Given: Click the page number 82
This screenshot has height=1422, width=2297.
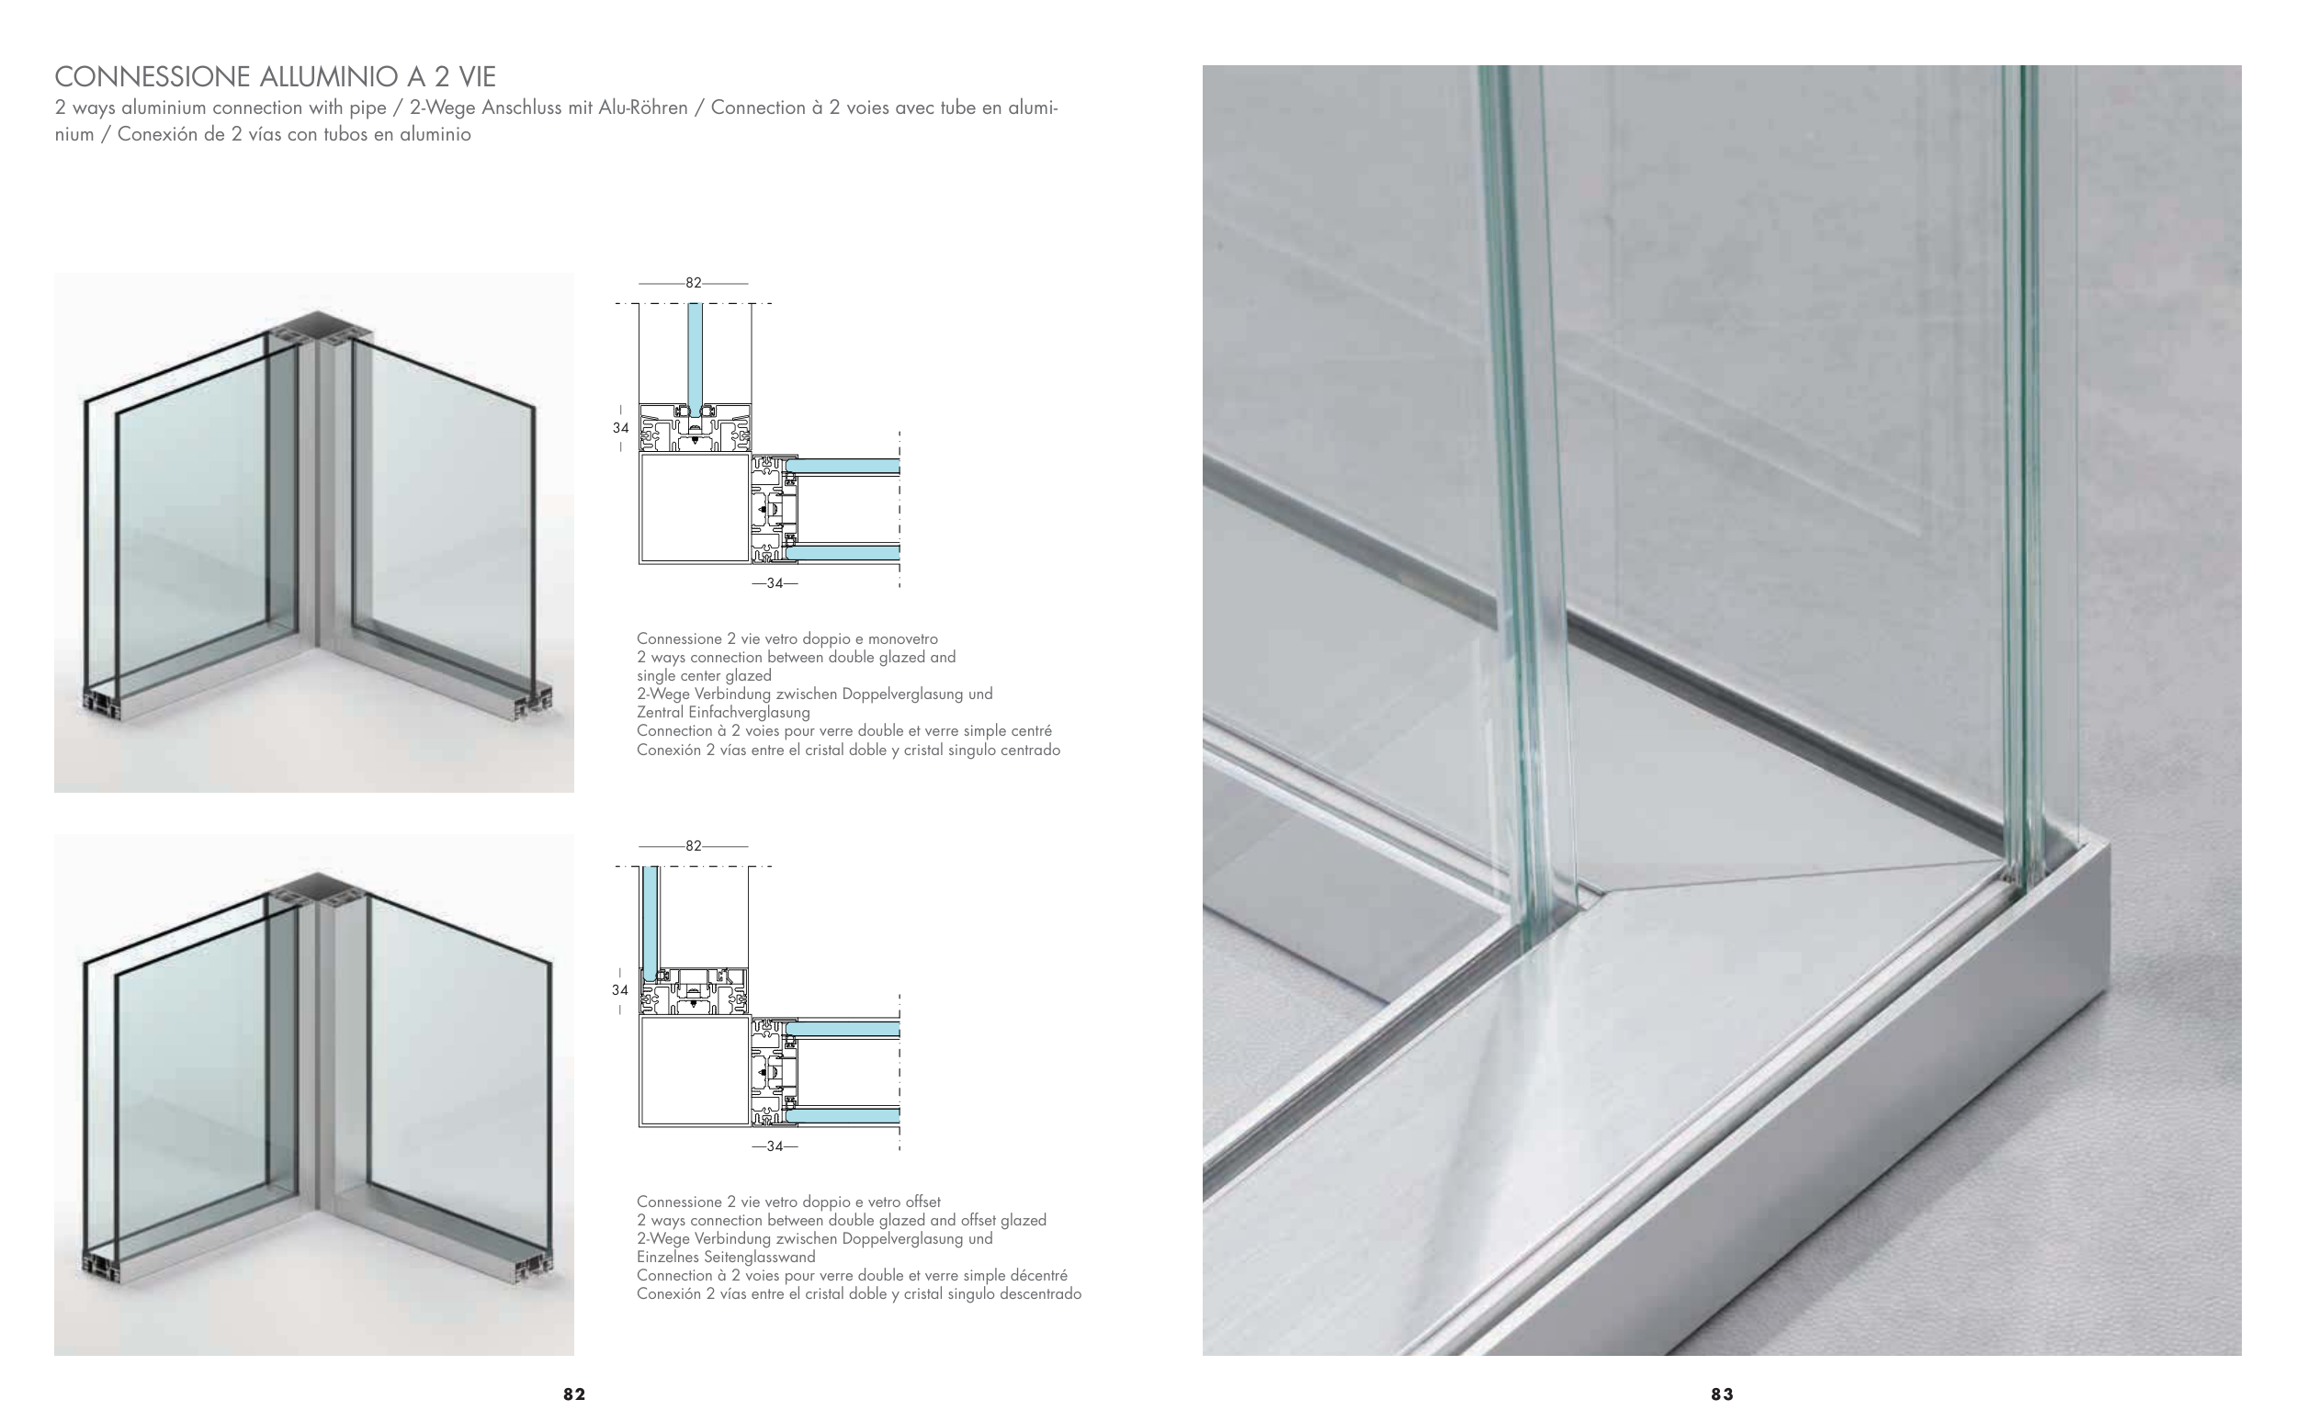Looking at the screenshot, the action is [x=573, y=1394].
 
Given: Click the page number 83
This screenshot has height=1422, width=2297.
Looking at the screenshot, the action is [x=1721, y=1394].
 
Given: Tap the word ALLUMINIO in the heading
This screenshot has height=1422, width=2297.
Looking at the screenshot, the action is [x=327, y=76].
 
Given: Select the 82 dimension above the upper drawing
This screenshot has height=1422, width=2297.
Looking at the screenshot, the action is [x=694, y=282].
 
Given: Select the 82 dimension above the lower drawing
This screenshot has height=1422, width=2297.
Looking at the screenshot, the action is [x=694, y=845].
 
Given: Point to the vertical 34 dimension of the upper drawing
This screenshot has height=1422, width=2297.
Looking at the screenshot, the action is [x=621, y=428].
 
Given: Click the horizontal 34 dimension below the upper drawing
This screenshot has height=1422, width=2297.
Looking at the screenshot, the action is [x=775, y=583].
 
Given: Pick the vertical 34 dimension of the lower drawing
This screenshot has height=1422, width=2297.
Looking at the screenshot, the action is [x=620, y=990].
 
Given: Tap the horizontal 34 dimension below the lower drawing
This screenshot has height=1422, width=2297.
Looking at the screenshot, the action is [x=775, y=1146].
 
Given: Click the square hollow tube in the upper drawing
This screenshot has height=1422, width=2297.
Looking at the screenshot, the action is [x=695, y=509].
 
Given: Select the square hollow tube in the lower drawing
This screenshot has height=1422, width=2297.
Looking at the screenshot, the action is [x=695, y=1071].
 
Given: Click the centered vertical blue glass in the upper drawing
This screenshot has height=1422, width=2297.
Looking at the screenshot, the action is [x=696, y=358].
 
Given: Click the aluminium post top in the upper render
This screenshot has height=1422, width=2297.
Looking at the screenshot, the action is [x=318, y=327].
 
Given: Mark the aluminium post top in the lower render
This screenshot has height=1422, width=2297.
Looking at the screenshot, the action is [x=318, y=890].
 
